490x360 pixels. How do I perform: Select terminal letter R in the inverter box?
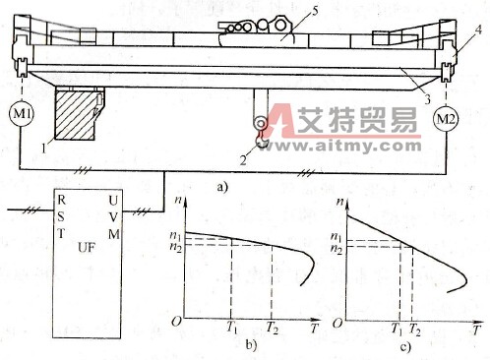point(62,201)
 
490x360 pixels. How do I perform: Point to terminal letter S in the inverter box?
point(62,216)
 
